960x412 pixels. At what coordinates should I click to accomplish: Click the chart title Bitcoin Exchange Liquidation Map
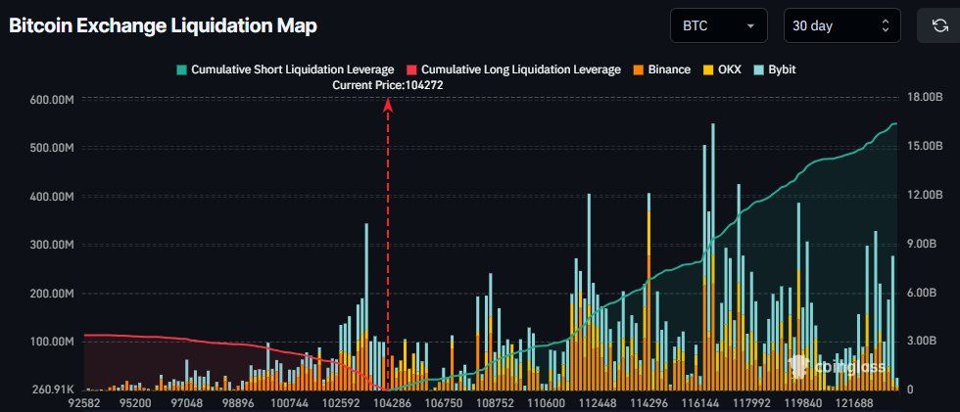163,26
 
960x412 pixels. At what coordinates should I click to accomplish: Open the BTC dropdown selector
718,26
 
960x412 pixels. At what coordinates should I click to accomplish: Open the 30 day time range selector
841,26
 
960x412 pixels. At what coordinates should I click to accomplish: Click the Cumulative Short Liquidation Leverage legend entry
285,69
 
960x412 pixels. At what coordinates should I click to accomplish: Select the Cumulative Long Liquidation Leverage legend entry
512,69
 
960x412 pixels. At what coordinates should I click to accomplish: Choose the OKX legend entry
725,69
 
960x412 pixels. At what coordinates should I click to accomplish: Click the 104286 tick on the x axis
389,402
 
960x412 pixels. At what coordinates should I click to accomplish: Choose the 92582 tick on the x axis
84,402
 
